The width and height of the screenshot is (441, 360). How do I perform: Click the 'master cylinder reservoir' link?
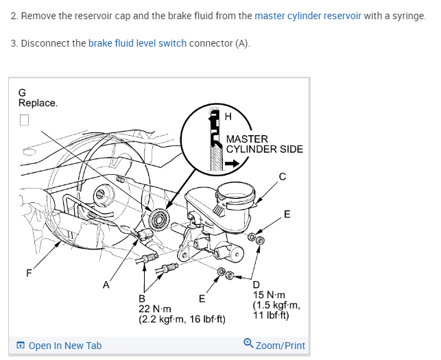308,16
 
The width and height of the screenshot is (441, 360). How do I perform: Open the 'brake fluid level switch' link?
137,43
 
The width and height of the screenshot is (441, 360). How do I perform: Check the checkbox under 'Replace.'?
25,120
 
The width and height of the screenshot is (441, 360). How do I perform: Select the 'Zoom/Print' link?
274,345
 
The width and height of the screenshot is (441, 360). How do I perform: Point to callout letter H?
228,117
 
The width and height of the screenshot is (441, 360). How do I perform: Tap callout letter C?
282,176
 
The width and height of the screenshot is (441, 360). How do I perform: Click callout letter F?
29,273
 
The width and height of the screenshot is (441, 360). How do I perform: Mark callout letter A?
106,285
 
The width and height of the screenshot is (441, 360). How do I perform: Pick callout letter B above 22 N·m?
142,298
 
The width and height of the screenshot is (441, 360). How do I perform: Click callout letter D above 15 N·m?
256,285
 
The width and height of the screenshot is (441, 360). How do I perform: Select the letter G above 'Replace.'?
22,93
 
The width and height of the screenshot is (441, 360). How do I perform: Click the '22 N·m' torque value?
154,309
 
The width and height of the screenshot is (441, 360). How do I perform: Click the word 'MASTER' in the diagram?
247,139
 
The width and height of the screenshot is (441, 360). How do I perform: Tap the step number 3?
14,43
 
